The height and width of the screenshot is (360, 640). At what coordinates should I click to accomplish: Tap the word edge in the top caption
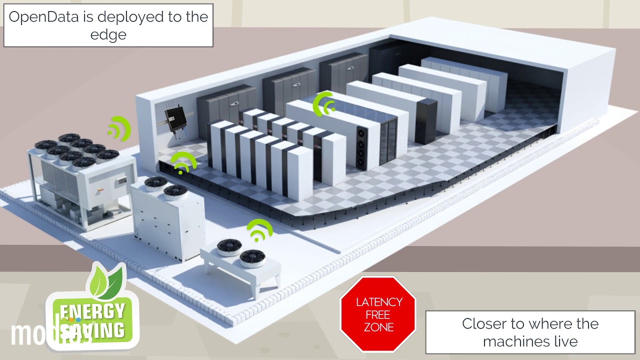(108, 34)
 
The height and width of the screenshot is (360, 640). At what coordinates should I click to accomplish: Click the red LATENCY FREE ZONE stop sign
(378, 314)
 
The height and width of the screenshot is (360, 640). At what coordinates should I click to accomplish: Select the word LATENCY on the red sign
(378, 302)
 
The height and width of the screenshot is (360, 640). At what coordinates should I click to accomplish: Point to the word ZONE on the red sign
(378, 327)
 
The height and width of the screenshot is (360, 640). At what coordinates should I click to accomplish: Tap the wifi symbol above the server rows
(323, 103)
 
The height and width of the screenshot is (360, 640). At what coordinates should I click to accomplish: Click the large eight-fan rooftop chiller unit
(80, 180)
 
